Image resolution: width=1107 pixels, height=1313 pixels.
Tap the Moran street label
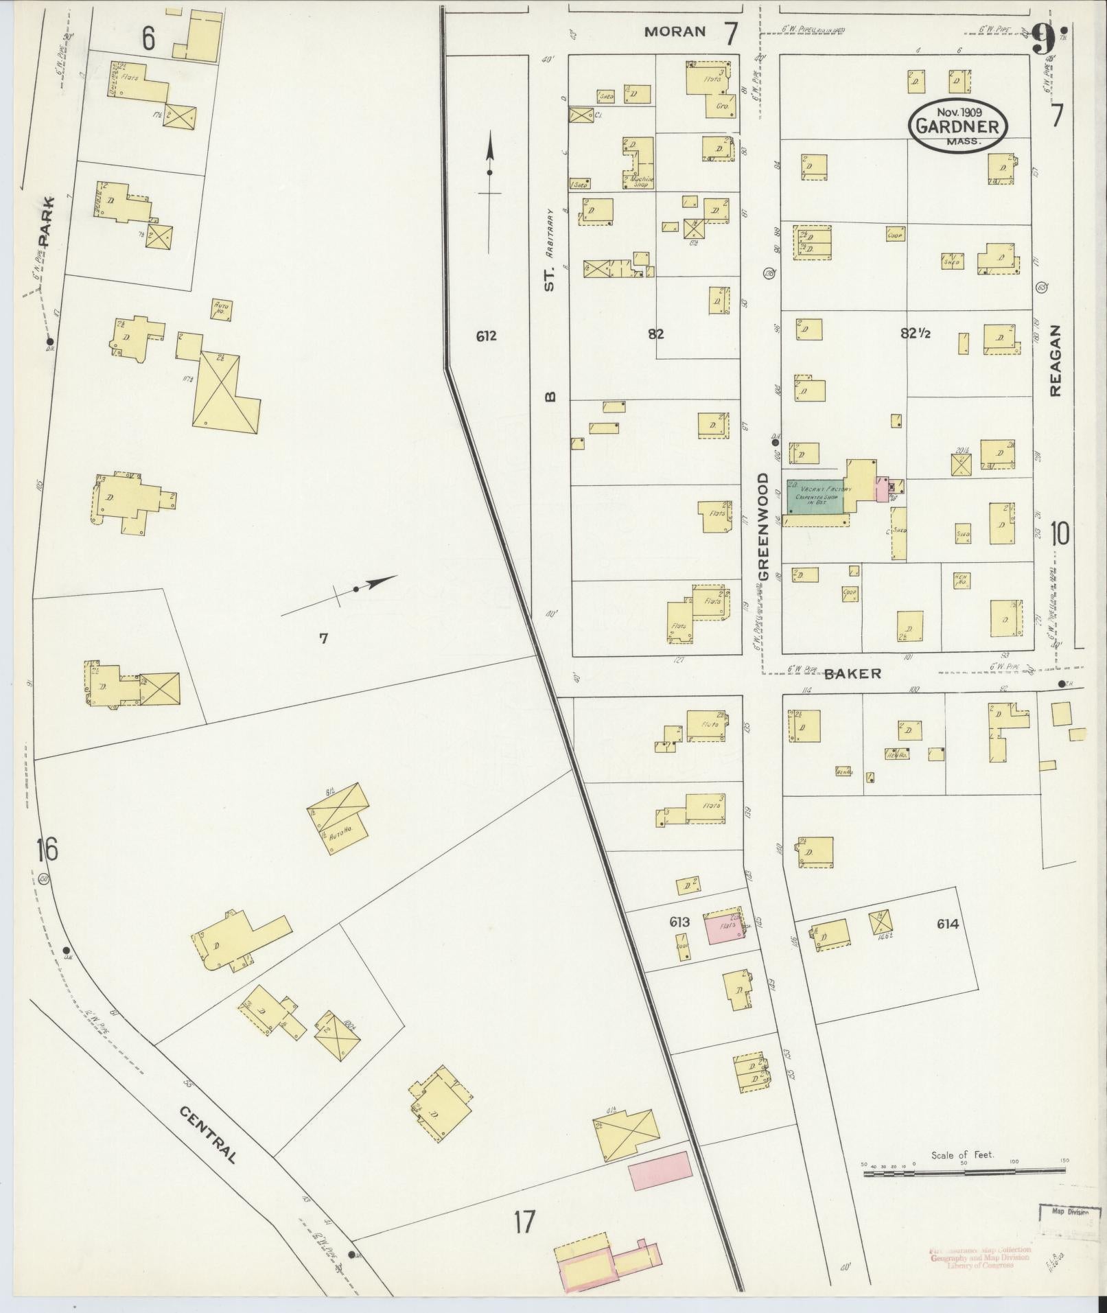(675, 31)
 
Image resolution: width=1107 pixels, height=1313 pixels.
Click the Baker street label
(852, 674)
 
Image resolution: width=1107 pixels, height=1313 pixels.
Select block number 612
(485, 336)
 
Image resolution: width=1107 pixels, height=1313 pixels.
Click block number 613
(679, 922)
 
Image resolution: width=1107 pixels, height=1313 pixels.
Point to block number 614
(947, 924)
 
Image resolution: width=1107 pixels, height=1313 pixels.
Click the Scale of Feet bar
(964, 1173)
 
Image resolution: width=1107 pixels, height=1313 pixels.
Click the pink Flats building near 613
(725, 928)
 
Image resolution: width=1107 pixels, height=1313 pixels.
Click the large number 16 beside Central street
(48, 850)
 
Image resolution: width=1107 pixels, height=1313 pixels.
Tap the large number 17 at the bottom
(523, 1222)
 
